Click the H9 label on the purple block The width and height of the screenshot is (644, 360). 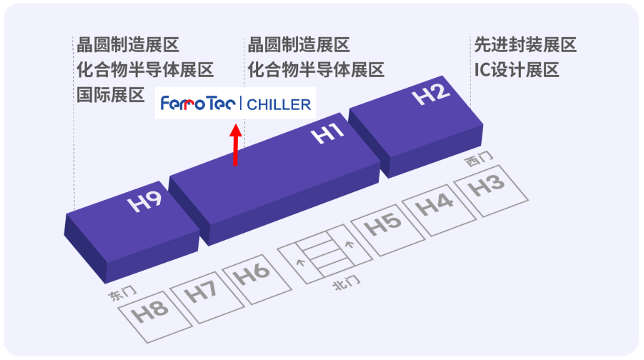pyautogui.click(x=145, y=201)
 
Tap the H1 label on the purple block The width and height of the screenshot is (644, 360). pyautogui.click(x=329, y=134)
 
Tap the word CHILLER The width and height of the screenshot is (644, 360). pyautogui.click(x=279, y=105)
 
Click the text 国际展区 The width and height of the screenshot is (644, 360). pyautogui.click(x=111, y=94)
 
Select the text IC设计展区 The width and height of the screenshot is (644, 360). pyautogui.click(x=516, y=70)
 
